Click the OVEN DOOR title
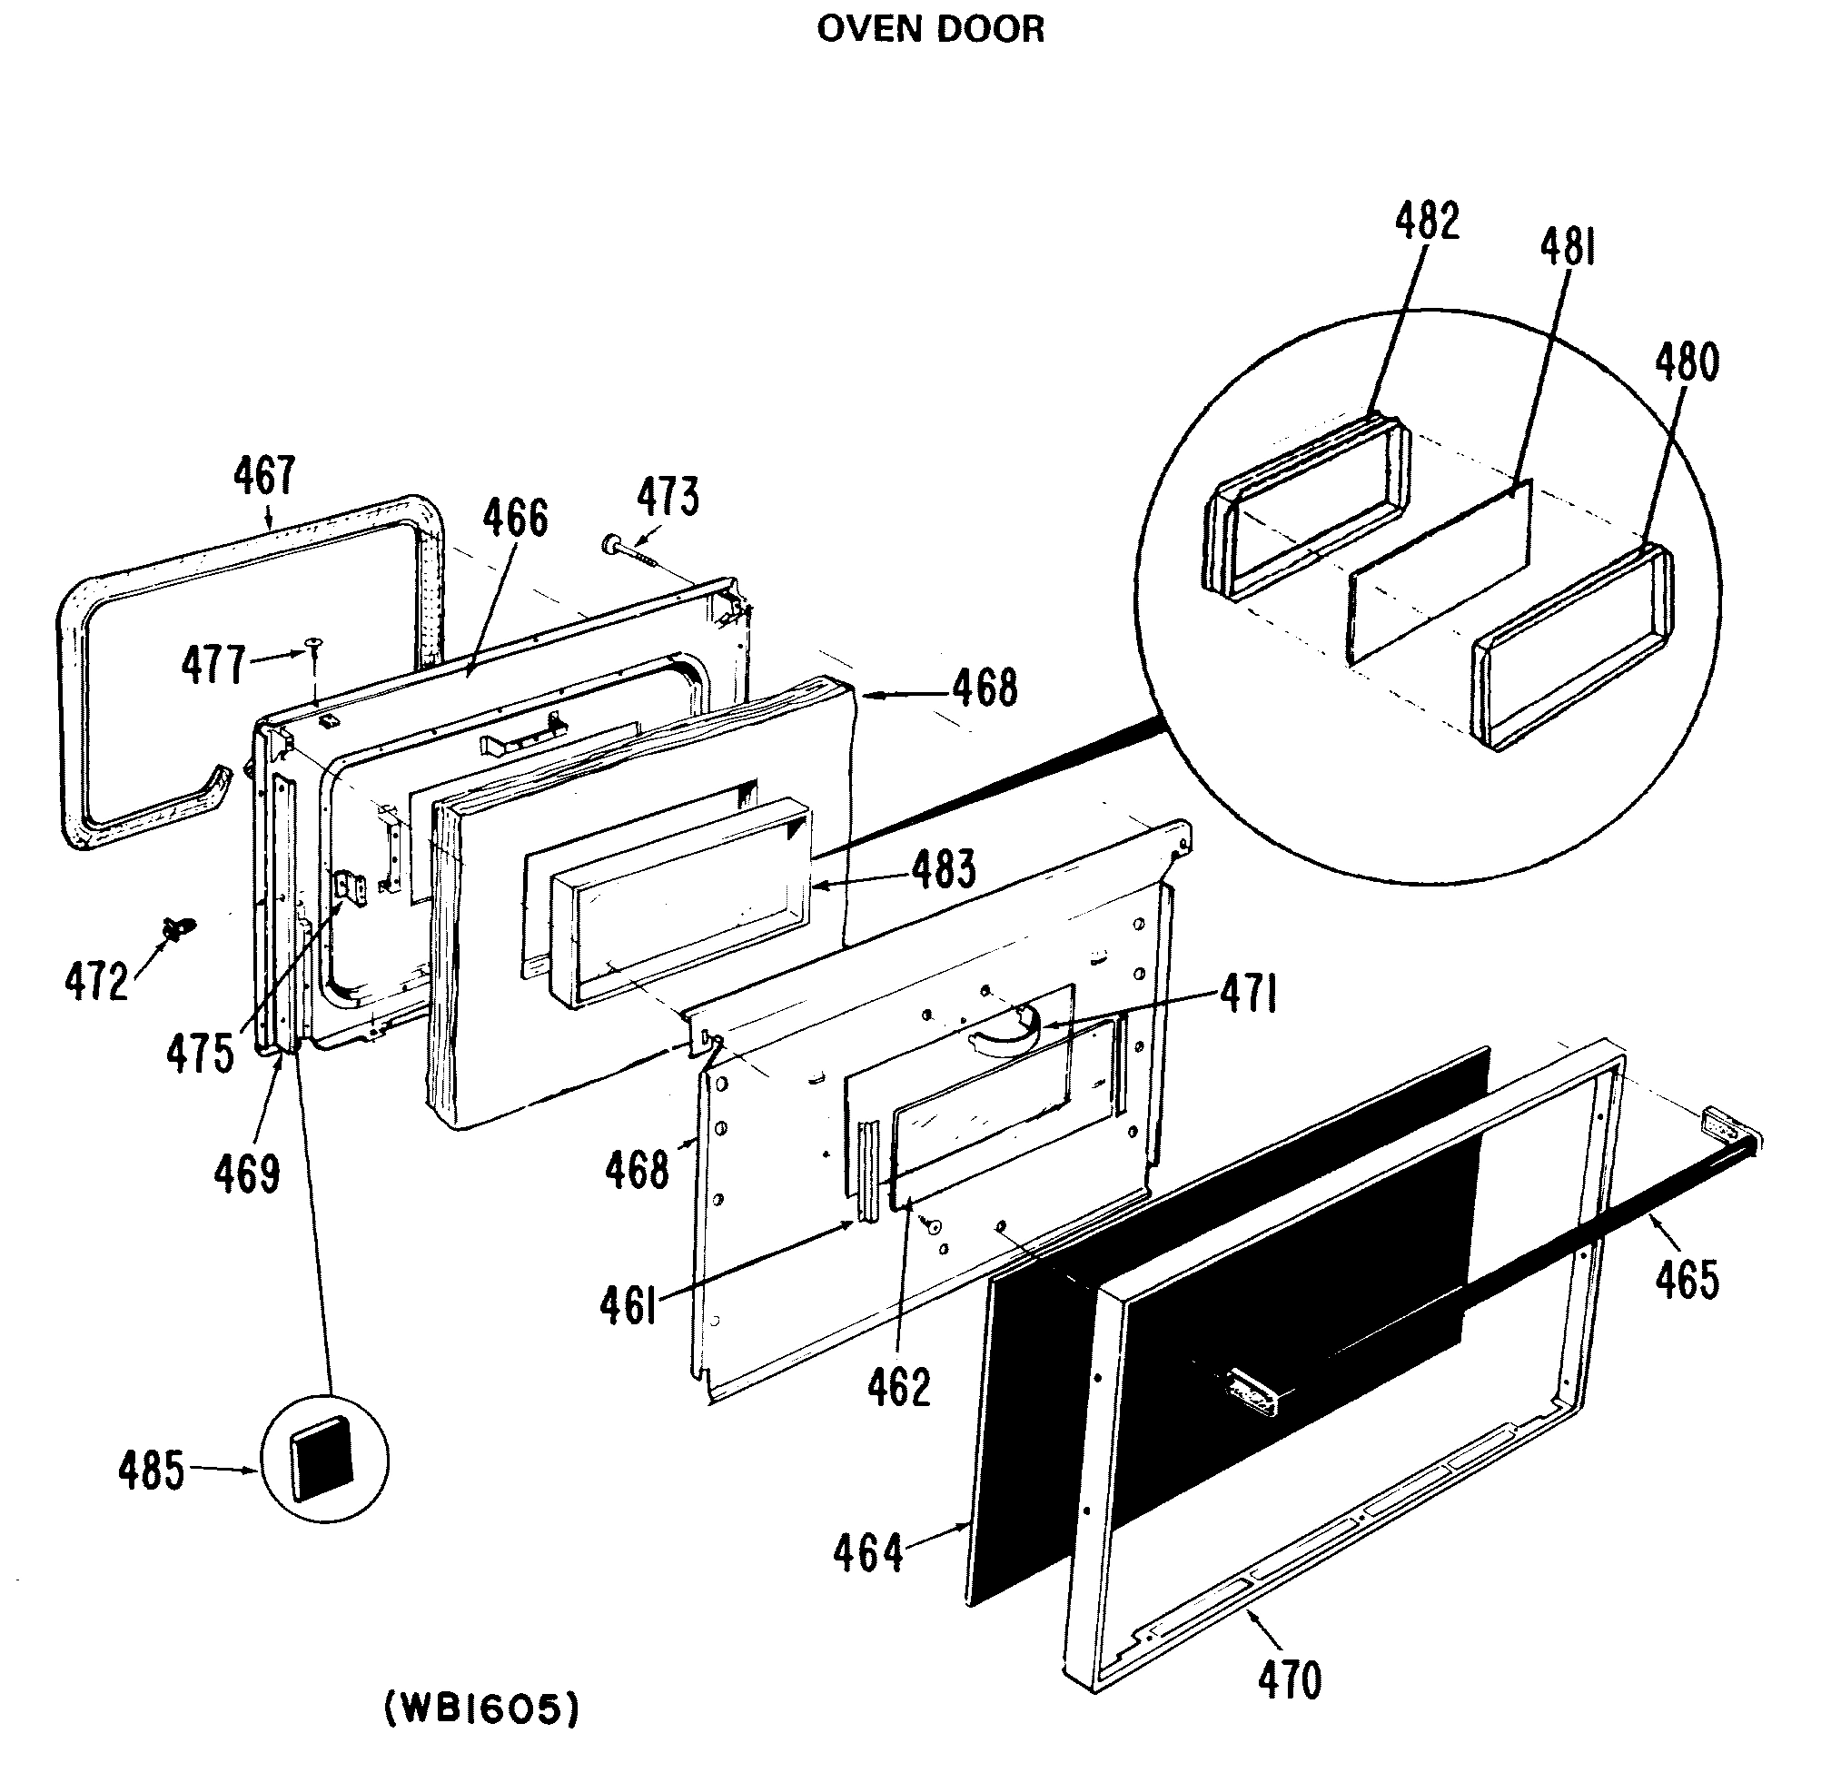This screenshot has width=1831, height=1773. pyautogui.click(x=930, y=30)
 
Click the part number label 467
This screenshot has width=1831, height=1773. pyautogui.click(x=264, y=477)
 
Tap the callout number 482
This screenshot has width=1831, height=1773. pyautogui.click(x=1427, y=223)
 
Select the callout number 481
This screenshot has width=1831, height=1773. pyautogui.click(x=1568, y=248)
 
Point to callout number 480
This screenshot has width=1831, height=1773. pyautogui.click(x=1687, y=362)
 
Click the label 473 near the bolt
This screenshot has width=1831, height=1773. pyautogui.click(x=668, y=497)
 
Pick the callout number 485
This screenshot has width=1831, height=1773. pyautogui.click(x=151, y=1471)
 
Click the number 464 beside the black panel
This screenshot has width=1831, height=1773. pyautogui.click(x=868, y=1553)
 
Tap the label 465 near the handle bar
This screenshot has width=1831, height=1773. pyautogui.click(x=1687, y=1280)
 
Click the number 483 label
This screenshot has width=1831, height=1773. pyautogui.click(x=945, y=867)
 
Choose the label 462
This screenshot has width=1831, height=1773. pyautogui.click(x=898, y=1387)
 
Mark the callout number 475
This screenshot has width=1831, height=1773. pyautogui.click(x=201, y=1054)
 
